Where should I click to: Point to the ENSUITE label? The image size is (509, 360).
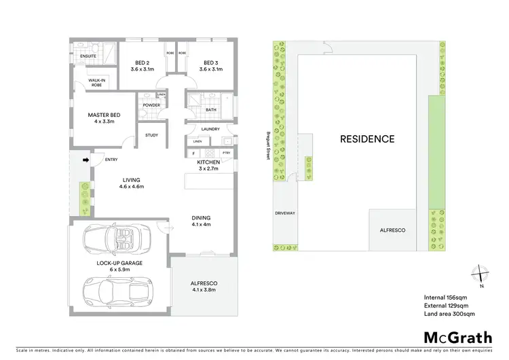click(x=88, y=55)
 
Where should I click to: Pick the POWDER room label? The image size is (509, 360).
click(x=151, y=105)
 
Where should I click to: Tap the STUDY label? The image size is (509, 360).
click(x=151, y=134)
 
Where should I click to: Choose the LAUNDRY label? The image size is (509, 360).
click(x=208, y=129)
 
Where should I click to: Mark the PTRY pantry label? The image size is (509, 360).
click(x=226, y=153)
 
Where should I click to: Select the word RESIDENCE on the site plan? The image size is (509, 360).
click(x=366, y=139)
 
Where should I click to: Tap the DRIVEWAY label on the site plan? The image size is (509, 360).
click(x=284, y=213)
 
